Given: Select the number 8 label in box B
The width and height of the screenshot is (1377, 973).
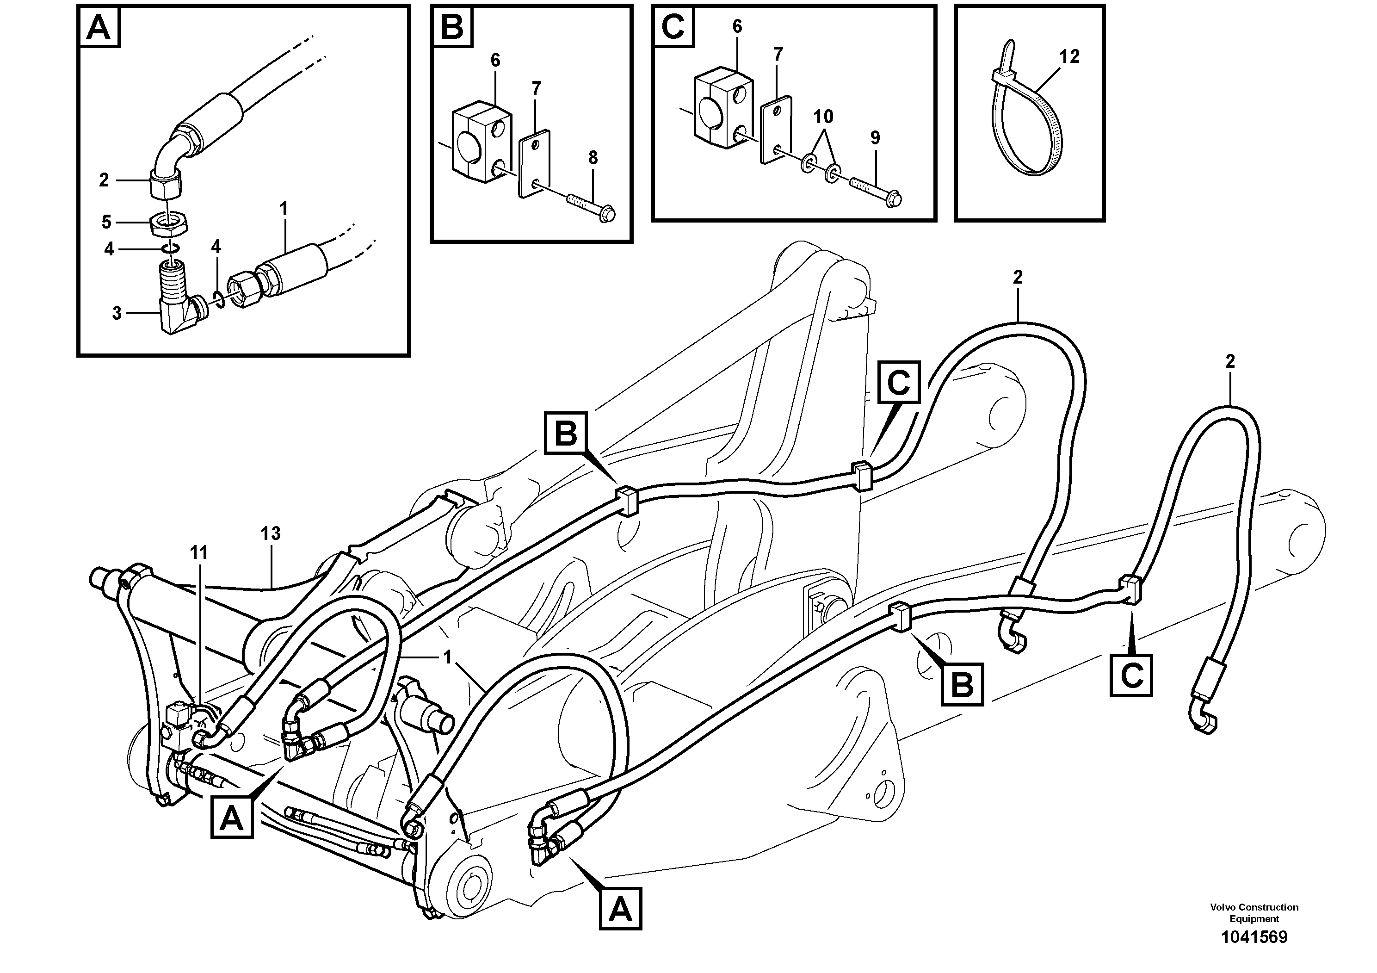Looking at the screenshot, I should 593,158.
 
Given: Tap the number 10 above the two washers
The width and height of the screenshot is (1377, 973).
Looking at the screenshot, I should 823,117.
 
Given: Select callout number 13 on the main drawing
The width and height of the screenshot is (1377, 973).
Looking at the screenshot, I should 271,533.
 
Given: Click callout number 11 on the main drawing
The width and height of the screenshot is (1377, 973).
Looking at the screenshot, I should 198,552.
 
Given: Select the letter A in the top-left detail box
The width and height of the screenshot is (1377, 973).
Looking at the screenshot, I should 99,28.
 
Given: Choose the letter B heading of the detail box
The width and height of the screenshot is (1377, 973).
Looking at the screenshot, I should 451,28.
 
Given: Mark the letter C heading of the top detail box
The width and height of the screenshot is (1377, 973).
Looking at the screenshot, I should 673,28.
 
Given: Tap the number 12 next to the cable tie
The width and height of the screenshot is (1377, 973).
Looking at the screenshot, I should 1069,56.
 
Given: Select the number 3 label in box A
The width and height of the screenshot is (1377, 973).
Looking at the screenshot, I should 117,313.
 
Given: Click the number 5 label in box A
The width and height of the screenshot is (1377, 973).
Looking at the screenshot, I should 106,223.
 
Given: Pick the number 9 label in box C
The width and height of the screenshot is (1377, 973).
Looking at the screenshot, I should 875,138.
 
